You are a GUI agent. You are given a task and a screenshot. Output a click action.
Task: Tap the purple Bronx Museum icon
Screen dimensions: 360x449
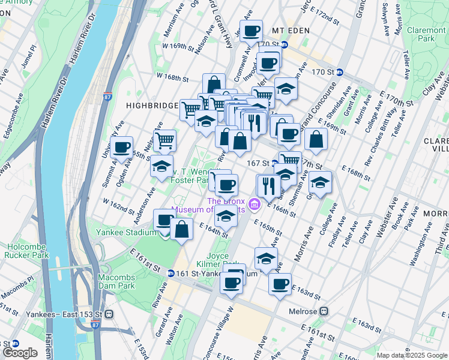coord(254,205)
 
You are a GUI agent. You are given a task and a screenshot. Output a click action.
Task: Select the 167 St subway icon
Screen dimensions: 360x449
coord(275,163)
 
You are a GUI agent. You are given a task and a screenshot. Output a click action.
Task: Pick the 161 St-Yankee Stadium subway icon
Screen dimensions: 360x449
coord(170,273)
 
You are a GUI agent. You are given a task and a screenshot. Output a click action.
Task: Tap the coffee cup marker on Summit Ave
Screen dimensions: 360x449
coord(122,147)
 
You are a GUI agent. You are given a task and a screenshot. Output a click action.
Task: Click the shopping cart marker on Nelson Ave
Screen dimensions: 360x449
coord(164,142)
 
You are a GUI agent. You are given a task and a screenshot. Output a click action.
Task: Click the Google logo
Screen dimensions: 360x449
coord(20,352)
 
